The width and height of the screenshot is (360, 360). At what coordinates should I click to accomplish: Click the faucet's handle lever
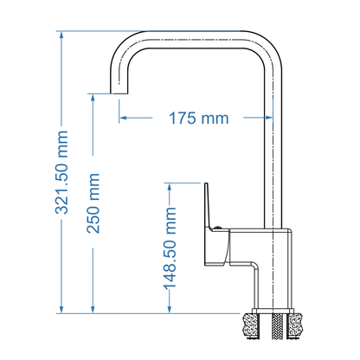[209, 208]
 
